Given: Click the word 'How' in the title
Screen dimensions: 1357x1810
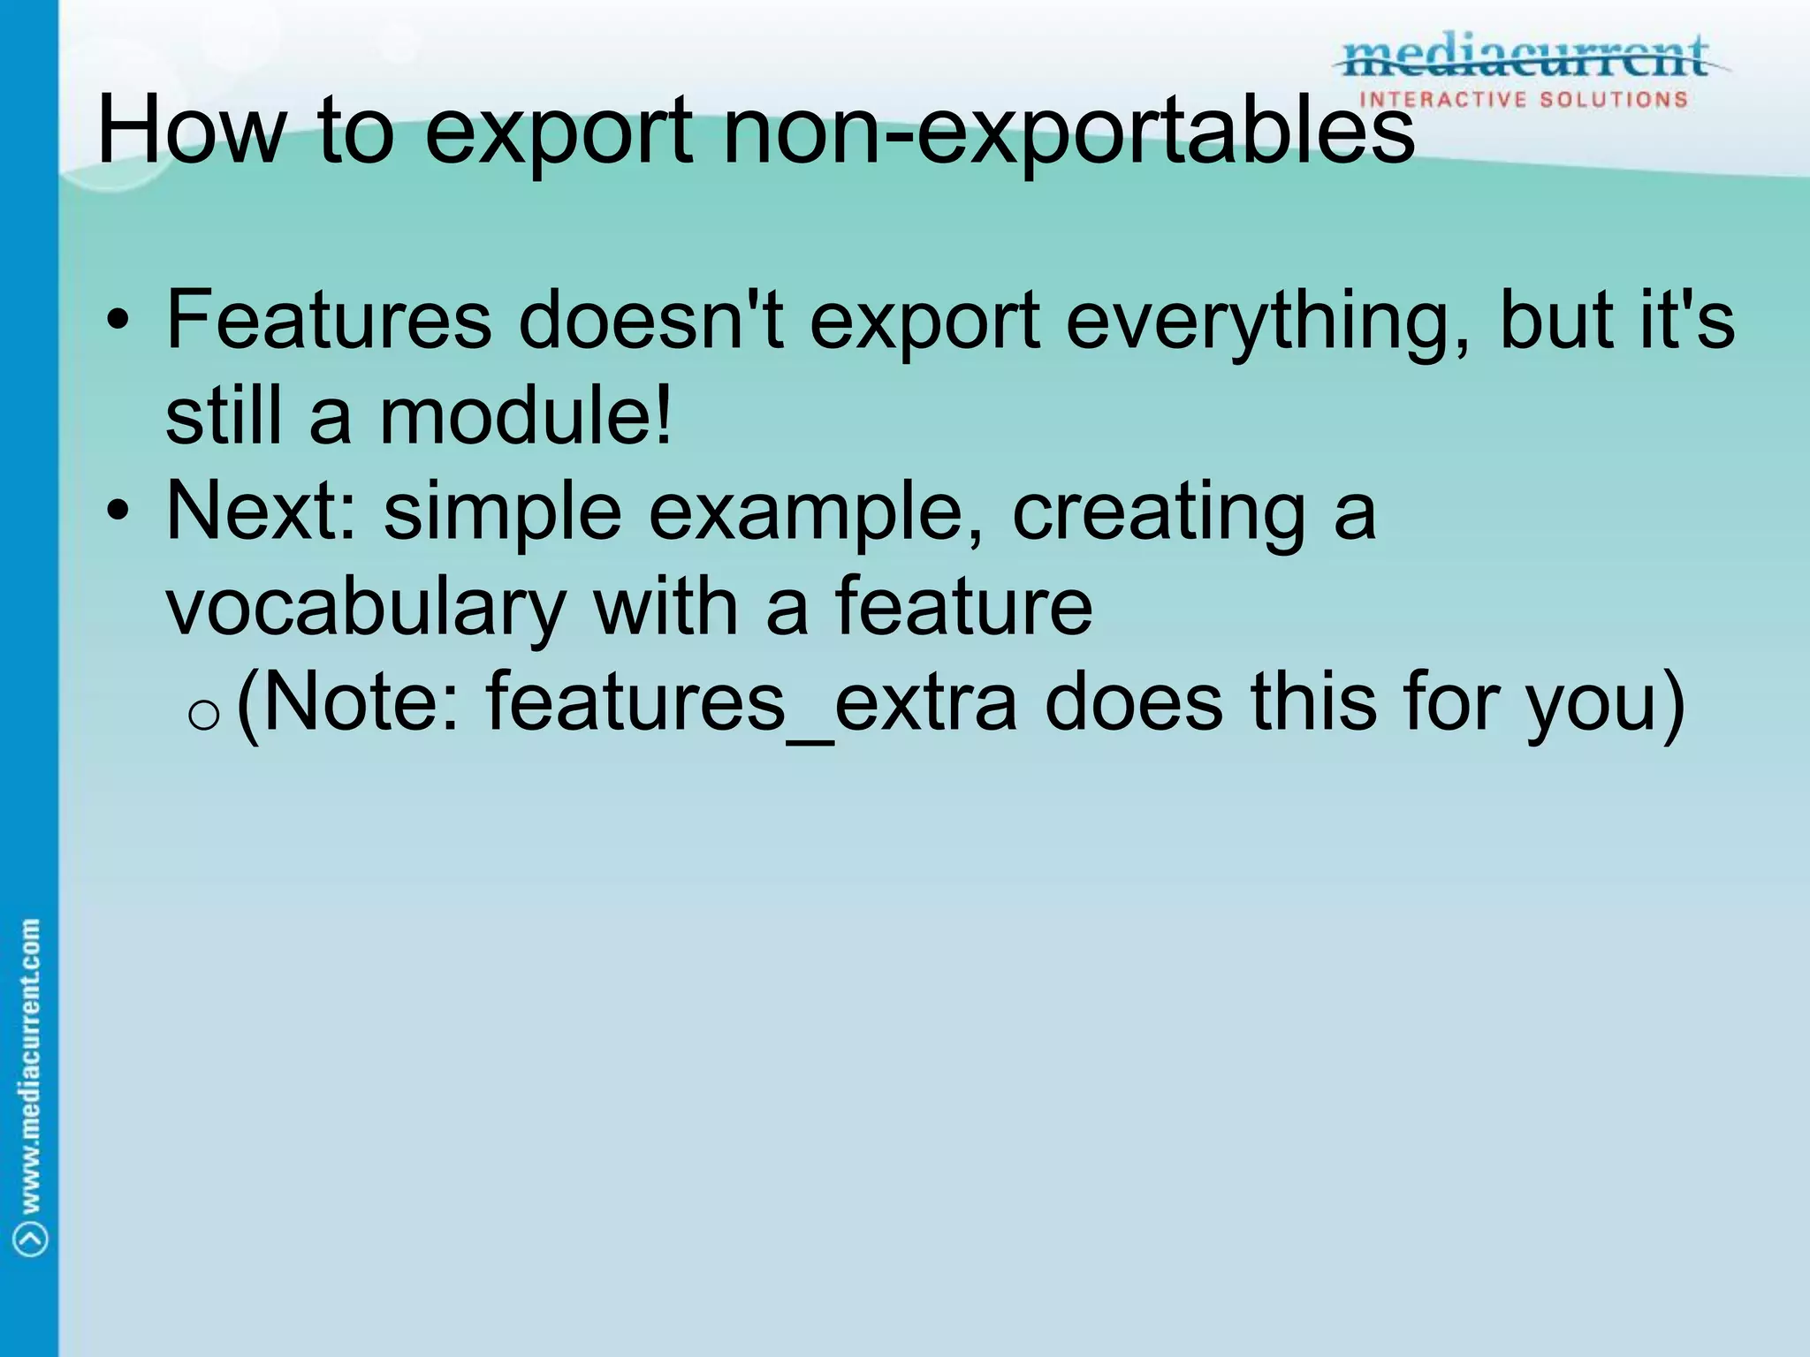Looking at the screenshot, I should [191, 131].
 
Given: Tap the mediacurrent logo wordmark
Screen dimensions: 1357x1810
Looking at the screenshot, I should [1525, 57].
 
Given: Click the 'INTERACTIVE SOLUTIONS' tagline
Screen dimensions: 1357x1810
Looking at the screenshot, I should [1524, 99].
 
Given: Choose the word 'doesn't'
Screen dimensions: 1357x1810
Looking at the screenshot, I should [650, 320].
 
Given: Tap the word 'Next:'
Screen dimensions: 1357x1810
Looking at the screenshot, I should [262, 512].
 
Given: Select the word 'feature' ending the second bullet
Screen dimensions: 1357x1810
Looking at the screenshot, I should [963, 607].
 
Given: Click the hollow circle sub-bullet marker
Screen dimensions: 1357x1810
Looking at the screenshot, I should [204, 714].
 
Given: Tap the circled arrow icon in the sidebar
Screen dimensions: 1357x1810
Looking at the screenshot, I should [31, 1237].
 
